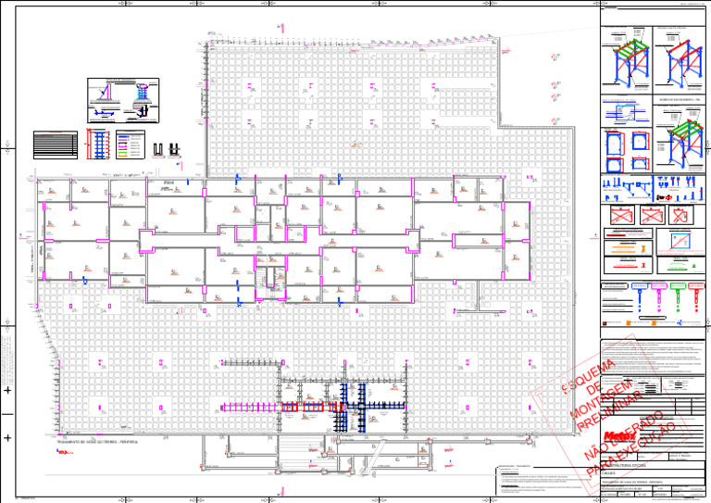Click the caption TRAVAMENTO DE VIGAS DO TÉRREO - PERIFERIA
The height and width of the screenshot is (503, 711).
coord(92,442)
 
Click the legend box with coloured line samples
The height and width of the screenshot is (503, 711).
coord(129,142)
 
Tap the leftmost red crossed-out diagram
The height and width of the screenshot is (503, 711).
coord(620,215)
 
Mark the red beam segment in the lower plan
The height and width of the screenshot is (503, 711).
coord(305,406)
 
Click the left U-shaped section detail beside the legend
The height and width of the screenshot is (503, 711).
coord(157,148)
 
